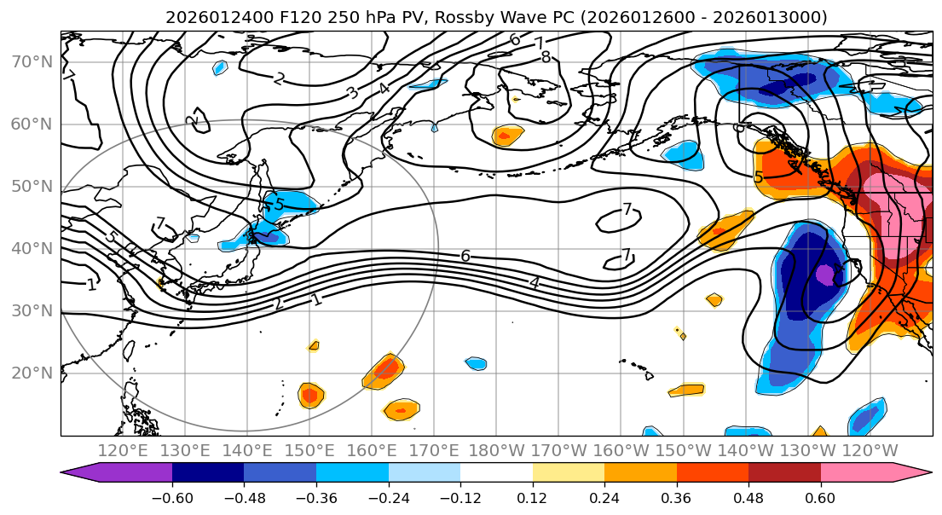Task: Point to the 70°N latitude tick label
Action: [32, 61]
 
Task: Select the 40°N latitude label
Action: [32, 248]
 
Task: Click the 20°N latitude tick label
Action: [32, 373]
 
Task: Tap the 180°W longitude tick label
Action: [495, 450]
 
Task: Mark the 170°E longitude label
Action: [433, 450]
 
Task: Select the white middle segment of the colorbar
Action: [496, 473]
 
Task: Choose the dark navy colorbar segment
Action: [208, 473]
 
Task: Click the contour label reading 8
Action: [546, 58]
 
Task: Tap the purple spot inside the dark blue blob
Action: [824, 275]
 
